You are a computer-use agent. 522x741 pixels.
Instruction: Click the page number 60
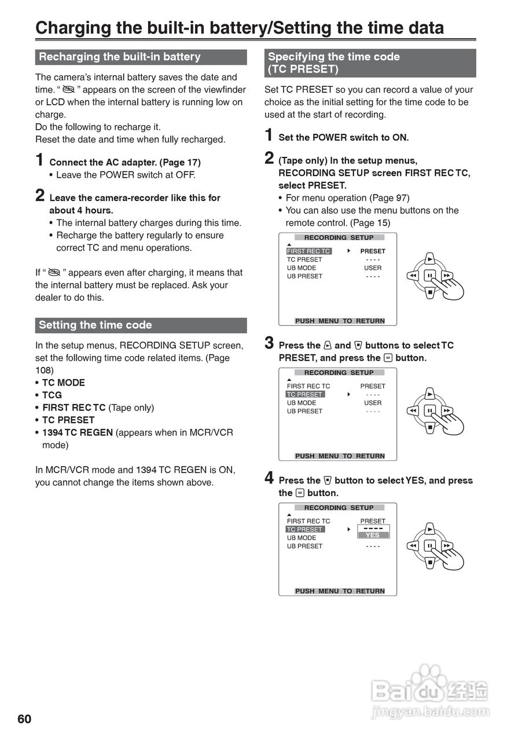24,719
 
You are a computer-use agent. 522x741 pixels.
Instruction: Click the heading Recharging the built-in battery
119,57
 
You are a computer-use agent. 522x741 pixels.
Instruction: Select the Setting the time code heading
95,325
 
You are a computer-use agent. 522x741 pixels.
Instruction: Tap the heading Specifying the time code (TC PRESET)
334,63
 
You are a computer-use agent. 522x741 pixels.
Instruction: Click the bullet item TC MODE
63,383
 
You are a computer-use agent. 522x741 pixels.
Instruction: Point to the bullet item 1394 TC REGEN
77,432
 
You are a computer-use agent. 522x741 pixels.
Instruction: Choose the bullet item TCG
52,395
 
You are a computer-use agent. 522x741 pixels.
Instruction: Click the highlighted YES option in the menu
373,535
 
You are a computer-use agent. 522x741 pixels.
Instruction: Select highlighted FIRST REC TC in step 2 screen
308,251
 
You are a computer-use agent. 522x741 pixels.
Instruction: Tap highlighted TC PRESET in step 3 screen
305,394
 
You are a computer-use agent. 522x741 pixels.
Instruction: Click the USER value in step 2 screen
373,268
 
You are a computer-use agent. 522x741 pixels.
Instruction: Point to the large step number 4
269,478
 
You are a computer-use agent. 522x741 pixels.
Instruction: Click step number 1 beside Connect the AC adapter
39,160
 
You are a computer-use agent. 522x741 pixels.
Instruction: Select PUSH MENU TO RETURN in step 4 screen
340,591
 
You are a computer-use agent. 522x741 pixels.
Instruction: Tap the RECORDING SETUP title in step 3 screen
339,373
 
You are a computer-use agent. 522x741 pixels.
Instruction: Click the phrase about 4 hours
81,210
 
